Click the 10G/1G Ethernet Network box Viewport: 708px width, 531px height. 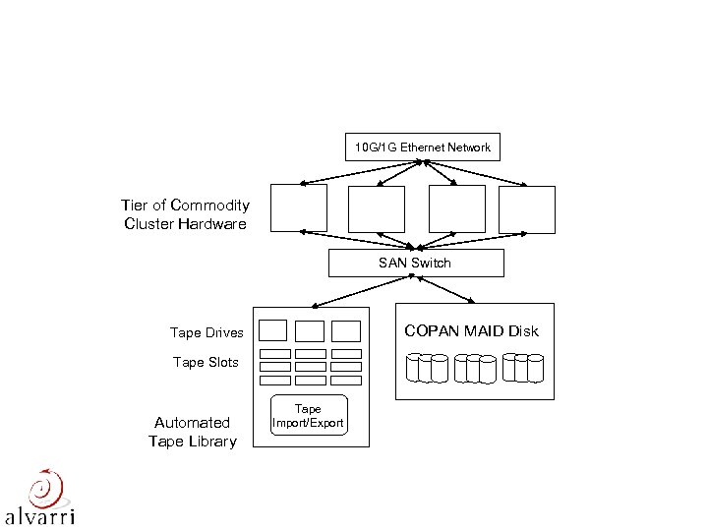click(x=422, y=147)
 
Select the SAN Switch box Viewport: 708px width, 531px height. click(x=415, y=263)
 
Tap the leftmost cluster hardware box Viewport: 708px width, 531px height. click(x=299, y=208)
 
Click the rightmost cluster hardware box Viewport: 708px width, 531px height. click(x=527, y=208)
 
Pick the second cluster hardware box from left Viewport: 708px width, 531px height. click(x=376, y=208)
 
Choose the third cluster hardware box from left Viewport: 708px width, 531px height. click(x=456, y=208)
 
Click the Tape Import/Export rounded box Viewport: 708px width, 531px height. click(x=308, y=416)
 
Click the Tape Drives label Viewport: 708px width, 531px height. click(x=206, y=333)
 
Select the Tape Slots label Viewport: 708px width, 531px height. click(x=206, y=362)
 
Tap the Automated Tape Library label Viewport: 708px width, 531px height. click(x=193, y=432)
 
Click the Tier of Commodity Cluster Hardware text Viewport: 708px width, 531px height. click(x=185, y=214)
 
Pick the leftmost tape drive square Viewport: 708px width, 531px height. click(x=274, y=330)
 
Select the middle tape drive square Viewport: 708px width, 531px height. click(x=310, y=330)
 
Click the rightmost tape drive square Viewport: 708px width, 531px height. click(x=345, y=330)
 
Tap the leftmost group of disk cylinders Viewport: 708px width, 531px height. click(x=427, y=368)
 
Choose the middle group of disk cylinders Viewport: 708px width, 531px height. click(x=475, y=368)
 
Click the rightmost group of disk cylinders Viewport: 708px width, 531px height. click(x=522, y=368)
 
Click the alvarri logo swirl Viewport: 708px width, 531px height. click(x=44, y=489)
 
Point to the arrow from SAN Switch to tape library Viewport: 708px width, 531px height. click(x=360, y=290)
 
